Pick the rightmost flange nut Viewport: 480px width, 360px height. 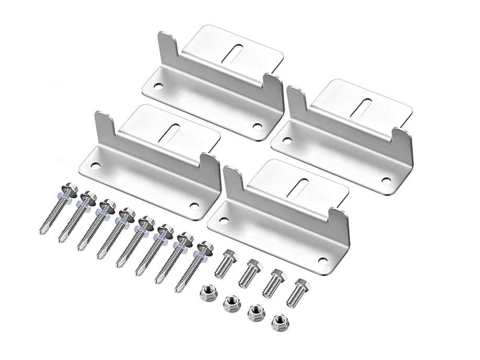(280, 322)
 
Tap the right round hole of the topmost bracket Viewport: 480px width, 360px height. (256, 126)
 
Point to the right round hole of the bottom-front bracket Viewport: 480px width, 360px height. (322, 260)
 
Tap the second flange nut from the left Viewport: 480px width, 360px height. (231, 302)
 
